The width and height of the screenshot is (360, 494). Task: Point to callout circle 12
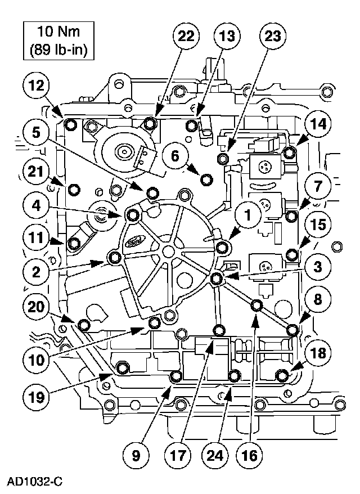coord(36,86)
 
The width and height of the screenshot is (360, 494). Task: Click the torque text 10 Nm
coord(58,32)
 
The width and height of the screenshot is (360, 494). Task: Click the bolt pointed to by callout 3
coord(218,279)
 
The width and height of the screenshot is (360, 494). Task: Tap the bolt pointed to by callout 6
coord(206,179)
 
